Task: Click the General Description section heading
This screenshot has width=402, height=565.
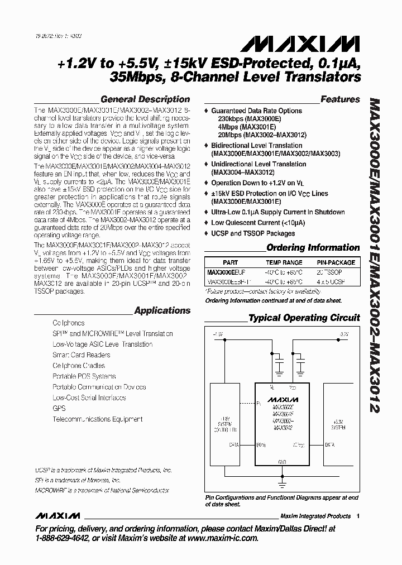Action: (145, 99)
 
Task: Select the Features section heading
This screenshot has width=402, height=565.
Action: (340, 99)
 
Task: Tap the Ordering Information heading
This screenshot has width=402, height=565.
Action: (313, 247)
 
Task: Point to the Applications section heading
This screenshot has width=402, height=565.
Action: (162, 310)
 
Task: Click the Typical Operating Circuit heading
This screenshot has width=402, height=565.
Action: (304, 318)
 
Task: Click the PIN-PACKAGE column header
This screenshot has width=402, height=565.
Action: (335, 262)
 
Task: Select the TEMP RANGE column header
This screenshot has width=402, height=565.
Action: (284, 262)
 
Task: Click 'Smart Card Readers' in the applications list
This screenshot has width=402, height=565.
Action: (82, 355)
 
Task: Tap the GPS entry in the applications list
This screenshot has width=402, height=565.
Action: (59, 408)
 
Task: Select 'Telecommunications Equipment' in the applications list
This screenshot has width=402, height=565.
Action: (97, 419)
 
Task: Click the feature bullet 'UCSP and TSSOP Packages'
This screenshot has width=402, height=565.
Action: (252, 233)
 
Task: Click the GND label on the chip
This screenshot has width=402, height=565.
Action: (282, 462)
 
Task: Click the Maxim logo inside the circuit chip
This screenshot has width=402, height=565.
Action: (283, 400)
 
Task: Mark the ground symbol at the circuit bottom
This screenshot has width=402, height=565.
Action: (282, 482)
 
